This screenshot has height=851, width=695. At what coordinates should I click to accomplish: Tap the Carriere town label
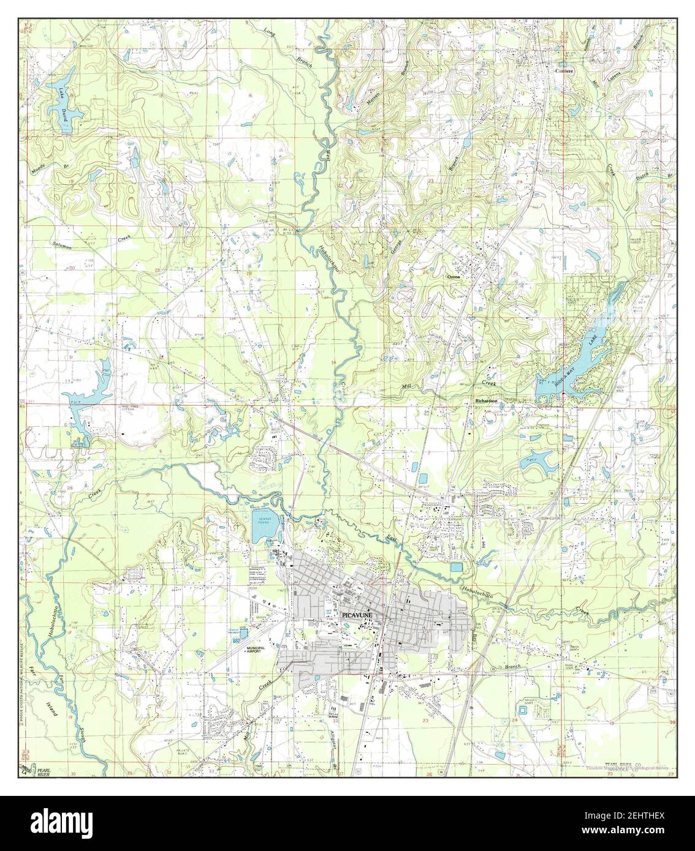(x=563, y=71)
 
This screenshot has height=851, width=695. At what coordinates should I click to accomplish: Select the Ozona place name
(x=454, y=277)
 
